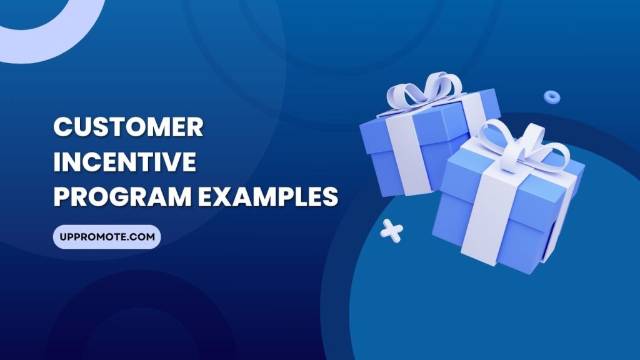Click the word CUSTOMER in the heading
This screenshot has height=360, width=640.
pyautogui.click(x=128, y=127)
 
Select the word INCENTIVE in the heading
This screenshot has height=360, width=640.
pyautogui.click(x=124, y=162)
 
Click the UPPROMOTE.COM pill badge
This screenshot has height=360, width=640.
pyautogui.click(x=107, y=237)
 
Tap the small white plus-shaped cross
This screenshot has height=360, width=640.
pyautogui.click(x=392, y=229)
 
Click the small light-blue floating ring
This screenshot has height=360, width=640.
pyautogui.click(x=551, y=96)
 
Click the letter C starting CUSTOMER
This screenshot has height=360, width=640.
pyautogui.click(x=63, y=127)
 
